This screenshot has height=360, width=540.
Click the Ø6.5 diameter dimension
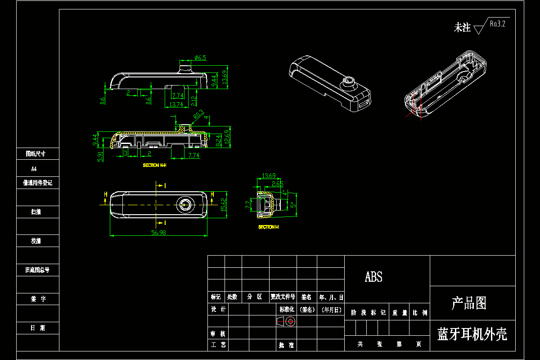tap(200, 58)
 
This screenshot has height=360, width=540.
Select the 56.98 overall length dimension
tap(159, 233)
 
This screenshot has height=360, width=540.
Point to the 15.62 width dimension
tap(223, 205)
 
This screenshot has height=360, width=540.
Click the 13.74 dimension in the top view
tap(175, 104)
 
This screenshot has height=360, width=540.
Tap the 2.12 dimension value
tap(193, 100)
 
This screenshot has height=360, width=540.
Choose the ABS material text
tap(373, 277)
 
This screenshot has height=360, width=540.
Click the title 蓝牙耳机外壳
tap(472, 334)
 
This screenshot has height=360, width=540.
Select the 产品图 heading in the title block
tap(469, 303)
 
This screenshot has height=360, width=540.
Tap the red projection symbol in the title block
tap(285, 321)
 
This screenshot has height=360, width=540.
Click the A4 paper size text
tap(33, 169)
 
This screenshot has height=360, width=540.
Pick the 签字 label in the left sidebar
tap(38, 298)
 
